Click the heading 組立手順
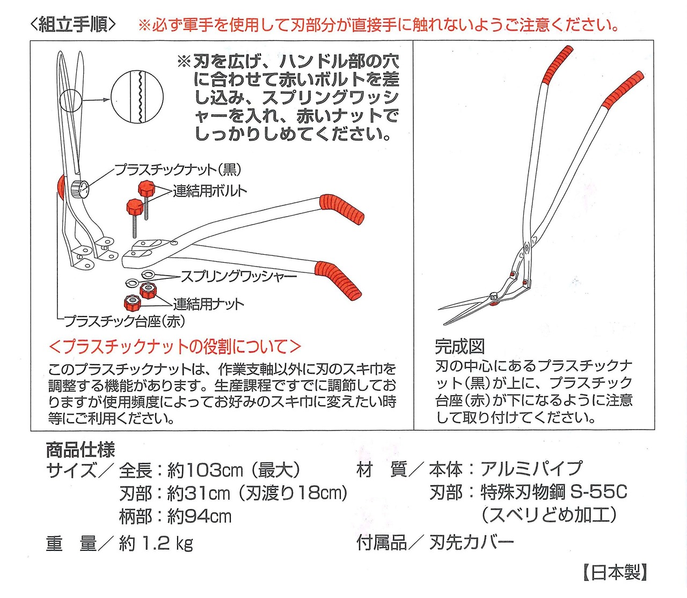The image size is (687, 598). (73, 25)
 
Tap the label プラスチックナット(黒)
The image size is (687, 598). (178, 170)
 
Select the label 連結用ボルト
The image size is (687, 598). (209, 191)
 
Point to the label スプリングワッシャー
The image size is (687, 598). (238, 277)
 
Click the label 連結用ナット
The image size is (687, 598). (208, 304)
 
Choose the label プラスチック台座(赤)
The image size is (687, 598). (124, 321)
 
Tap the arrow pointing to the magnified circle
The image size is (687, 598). (96, 100)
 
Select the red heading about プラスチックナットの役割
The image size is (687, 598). (175, 347)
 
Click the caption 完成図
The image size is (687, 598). (459, 347)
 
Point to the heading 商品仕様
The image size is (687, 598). (81, 450)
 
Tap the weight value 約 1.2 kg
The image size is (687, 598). (156, 543)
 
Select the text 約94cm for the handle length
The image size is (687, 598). (200, 516)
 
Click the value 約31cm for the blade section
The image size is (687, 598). (199, 493)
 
